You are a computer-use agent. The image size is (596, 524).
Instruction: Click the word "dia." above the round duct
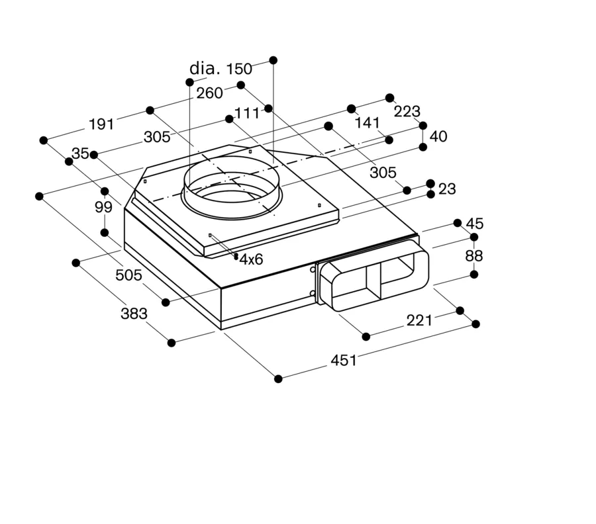click(x=205, y=68)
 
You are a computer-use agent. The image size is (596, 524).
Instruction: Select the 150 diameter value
click(x=239, y=69)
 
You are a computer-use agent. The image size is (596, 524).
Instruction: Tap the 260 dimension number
click(x=209, y=93)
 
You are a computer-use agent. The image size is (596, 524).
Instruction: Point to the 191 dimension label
click(x=101, y=124)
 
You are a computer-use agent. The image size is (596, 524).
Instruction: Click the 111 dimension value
click(x=247, y=113)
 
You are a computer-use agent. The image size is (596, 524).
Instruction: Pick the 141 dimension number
click(x=367, y=122)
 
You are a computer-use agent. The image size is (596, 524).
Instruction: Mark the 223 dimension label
click(x=407, y=112)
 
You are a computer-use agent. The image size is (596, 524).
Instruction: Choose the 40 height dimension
click(x=438, y=136)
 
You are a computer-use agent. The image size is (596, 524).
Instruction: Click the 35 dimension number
click(x=80, y=153)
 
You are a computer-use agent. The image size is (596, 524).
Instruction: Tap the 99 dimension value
click(x=103, y=207)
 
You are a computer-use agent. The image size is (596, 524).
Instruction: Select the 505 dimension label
click(x=129, y=275)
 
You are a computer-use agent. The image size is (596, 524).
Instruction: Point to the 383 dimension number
click(x=134, y=314)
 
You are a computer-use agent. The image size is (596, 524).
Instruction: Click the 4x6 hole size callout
click(x=251, y=259)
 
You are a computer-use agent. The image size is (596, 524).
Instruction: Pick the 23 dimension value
click(x=447, y=189)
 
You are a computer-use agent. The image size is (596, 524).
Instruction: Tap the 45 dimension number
click(x=475, y=224)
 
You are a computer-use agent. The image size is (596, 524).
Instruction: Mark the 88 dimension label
click(x=474, y=256)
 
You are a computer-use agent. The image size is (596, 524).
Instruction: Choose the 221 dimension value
click(x=420, y=321)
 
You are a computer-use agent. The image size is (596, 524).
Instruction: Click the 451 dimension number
click(x=344, y=361)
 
